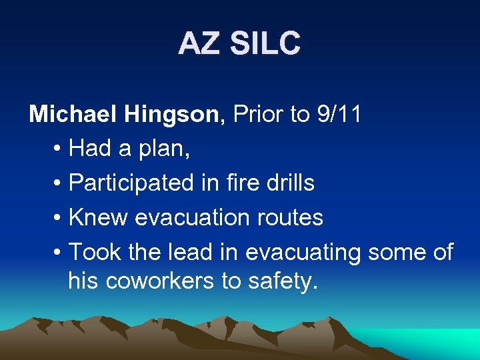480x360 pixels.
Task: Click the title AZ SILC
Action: coord(239,44)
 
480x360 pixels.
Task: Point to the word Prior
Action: coord(258,114)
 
